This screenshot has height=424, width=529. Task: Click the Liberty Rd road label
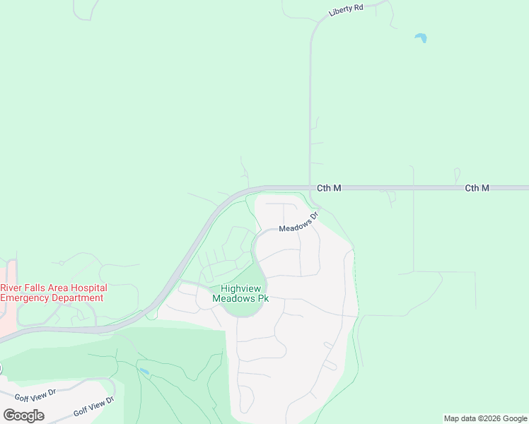[346, 11]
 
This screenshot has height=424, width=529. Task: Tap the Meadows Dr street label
[299, 223]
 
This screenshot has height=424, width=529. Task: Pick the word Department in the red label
[77, 298]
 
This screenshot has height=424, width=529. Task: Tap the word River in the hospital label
[12, 288]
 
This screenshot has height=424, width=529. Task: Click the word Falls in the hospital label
[37, 288]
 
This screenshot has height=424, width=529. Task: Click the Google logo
[23, 416]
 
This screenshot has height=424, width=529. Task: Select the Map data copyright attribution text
[486, 418]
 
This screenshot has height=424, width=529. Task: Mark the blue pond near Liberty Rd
[421, 37]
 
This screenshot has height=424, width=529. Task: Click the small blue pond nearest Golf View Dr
[144, 371]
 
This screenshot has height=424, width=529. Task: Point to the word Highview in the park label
[240, 288]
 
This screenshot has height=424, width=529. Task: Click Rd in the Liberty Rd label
[359, 8]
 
